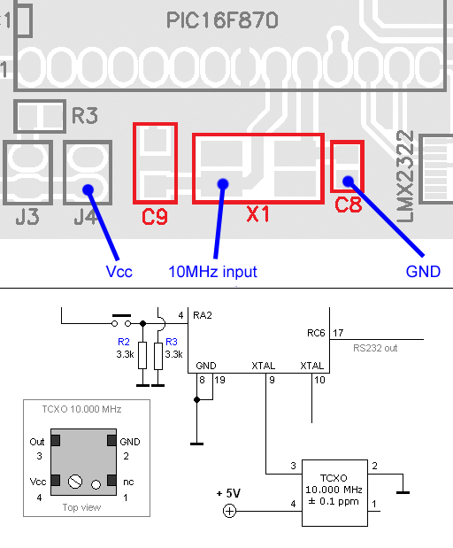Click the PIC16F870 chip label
click(222, 20)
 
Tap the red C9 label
click(155, 217)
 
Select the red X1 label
click(258, 214)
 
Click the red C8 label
click(348, 205)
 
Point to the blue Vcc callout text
click(119, 272)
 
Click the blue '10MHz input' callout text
click(212, 272)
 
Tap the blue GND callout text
click(423, 272)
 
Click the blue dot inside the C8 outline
click(348, 181)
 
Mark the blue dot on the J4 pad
click(88, 189)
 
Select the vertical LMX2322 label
click(405, 176)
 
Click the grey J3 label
click(27, 217)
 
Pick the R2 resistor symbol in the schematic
click(142, 355)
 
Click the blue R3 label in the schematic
click(172, 342)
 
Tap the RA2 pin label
click(203, 315)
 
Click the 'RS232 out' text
click(375, 348)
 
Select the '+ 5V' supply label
click(228, 493)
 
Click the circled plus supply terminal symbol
click(229, 511)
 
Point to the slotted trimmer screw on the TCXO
click(75, 482)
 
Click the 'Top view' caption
click(81, 507)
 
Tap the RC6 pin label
click(316, 333)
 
